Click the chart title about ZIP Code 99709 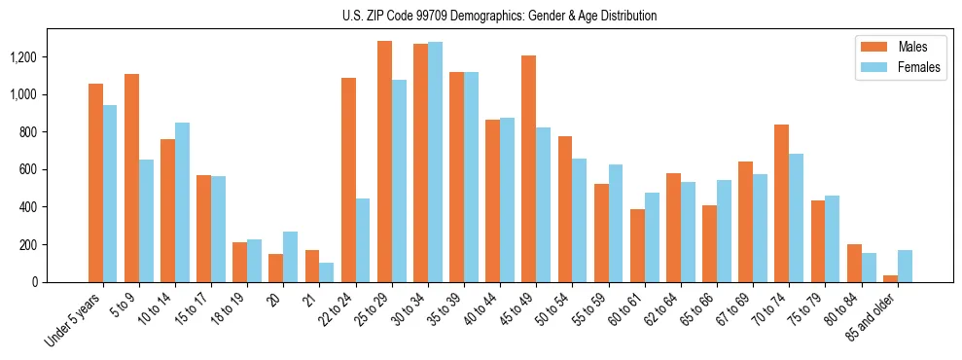coord(500,16)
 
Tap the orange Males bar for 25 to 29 coord(384,162)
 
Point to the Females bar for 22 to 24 coord(363,240)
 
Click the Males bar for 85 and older coord(891,278)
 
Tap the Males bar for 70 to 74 coord(781,203)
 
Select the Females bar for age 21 coord(327,272)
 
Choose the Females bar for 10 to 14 coord(182,202)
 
